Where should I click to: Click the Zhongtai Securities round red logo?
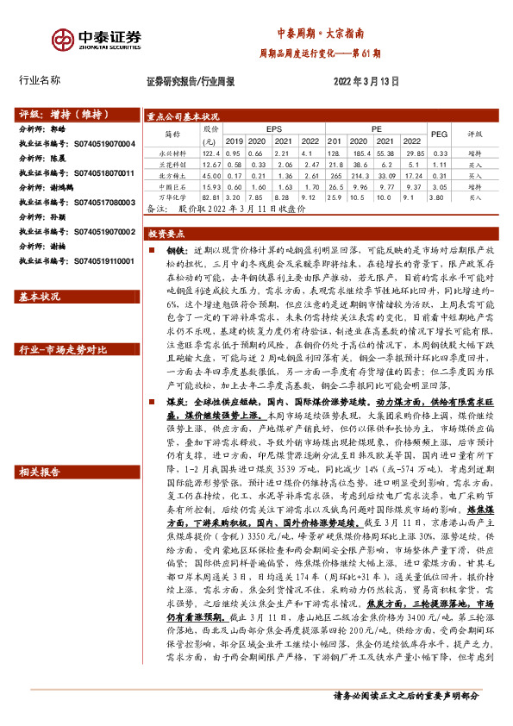click(63, 40)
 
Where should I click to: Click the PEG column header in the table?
click(439, 135)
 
